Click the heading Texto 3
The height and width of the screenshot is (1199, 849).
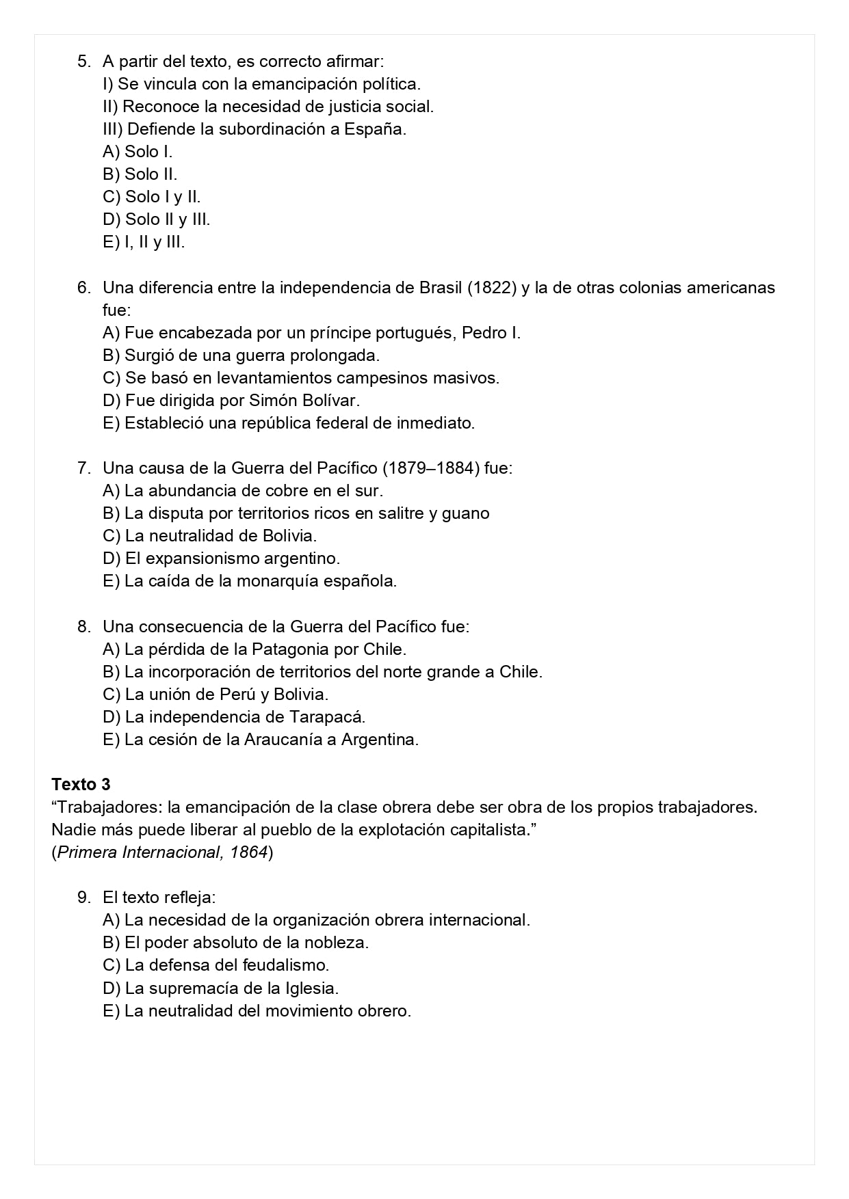click(x=81, y=784)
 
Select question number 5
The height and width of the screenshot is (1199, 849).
click(x=83, y=62)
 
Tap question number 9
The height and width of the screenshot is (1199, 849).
click(x=83, y=897)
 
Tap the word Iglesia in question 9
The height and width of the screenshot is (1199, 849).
click(x=310, y=988)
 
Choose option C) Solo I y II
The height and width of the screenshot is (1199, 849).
click(x=151, y=197)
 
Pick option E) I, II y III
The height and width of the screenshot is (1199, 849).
click(x=144, y=242)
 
